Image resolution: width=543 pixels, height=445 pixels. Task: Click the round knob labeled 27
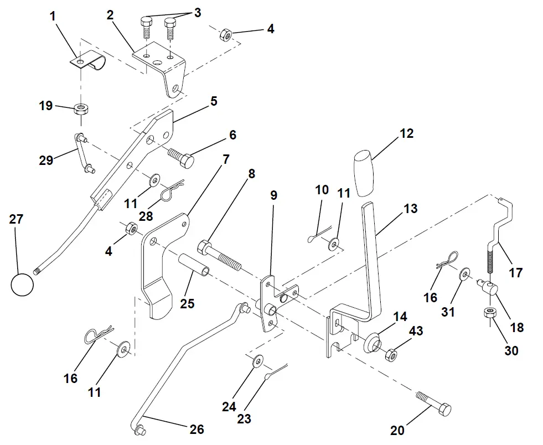(22, 284)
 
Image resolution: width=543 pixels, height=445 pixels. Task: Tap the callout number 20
(398, 429)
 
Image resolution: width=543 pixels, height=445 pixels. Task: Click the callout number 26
(196, 429)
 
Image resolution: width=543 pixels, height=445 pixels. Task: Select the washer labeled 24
(258, 362)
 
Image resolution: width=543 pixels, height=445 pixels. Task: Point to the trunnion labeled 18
(489, 288)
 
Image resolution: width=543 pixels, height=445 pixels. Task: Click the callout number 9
(274, 195)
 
